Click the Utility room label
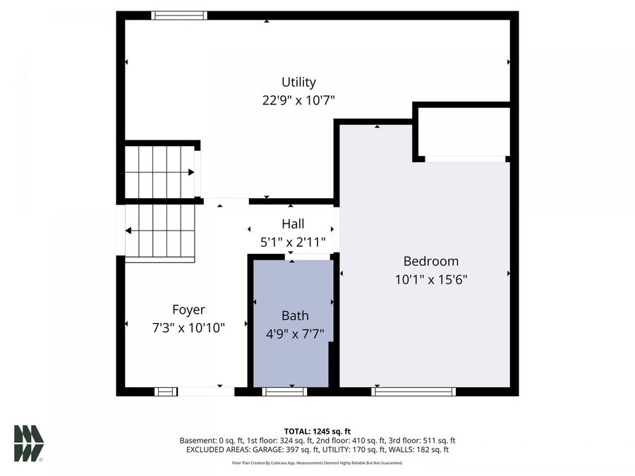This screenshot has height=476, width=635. pos(298,82)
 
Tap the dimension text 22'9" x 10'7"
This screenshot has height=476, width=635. pos(298,100)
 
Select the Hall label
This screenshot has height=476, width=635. pos(293,224)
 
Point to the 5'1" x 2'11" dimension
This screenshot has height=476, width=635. pos(293,242)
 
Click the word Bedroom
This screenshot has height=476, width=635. pos(430,261)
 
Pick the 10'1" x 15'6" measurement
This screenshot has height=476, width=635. pos(430,279)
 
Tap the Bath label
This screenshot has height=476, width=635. pos(295,316)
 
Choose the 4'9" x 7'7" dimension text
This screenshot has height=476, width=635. pos(295,334)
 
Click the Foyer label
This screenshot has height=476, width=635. pos(188,310)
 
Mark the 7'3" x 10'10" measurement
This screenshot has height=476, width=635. pos(188,327)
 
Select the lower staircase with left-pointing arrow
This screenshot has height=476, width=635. pos(159,231)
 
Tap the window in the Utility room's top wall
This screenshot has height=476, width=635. pos(179,15)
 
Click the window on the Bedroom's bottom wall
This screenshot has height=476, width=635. pos(413,391)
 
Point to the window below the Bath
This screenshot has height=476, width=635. pos(284,391)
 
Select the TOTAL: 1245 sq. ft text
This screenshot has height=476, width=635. pos(317,431)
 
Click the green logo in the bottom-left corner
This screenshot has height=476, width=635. pos(29,444)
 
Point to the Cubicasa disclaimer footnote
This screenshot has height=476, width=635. pos(317,463)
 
